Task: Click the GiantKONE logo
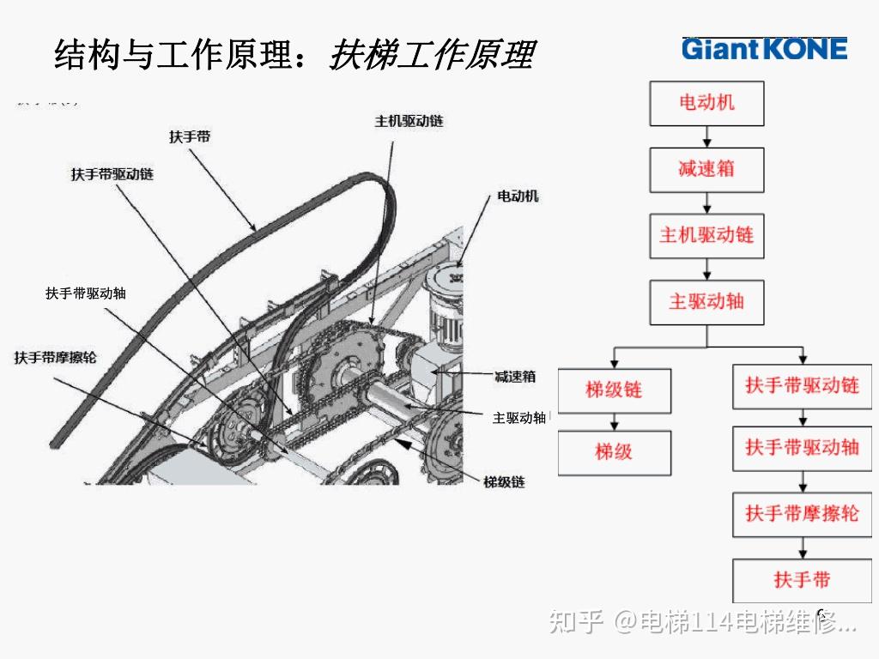[x=764, y=49]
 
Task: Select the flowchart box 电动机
[x=706, y=103]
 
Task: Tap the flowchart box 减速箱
[x=706, y=169]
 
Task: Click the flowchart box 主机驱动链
[x=706, y=235]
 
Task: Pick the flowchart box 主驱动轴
[x=706, y=301]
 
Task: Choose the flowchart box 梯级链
[x=614, y=390]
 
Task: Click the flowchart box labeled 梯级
[x=614, y=452]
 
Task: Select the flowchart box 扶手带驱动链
[x=802, y=385]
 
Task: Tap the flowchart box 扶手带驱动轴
[x=802, y=447]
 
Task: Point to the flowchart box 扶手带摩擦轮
[x=802, y=514]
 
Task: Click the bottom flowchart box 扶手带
[x=802, y=580]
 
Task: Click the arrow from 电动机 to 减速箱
[x=706, y=136]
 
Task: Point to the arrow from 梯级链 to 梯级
[x=614, y=421]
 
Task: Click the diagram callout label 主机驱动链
[x=409, y=122]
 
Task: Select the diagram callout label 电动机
[x=518, y=196]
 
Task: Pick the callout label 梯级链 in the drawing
[x=504, y=482]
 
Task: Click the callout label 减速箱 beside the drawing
[x=515, y=376]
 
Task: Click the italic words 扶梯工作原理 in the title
[x=432, y=55]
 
